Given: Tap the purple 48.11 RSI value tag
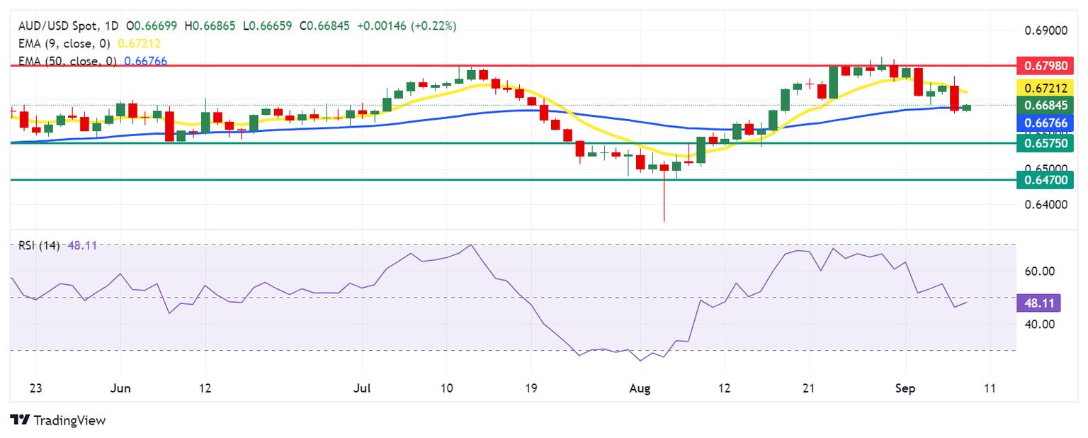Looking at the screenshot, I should [x=1038, y=303].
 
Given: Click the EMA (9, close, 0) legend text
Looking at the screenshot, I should [x=63, y=43].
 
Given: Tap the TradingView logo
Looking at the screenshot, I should [x=58, y=420].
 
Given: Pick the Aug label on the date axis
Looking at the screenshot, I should [x=640, y=388].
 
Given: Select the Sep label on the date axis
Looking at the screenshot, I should [x=906, y=388].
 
